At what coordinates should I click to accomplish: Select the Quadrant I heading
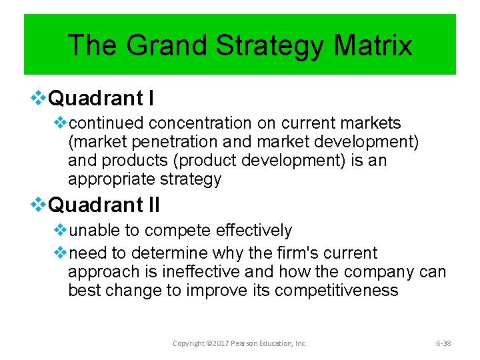(101, 99)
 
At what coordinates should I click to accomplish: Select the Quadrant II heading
(105, 205)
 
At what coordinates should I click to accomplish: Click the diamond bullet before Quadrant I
(39, 99)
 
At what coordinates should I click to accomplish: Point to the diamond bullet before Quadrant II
(39, 205)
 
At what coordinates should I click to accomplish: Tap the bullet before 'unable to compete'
(60, 231)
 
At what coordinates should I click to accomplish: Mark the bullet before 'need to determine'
(60, 253)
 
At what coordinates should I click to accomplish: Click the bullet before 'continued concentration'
(60, 123)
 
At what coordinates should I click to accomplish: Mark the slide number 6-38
(443, 343)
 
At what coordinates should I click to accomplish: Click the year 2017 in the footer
(219, 343)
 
